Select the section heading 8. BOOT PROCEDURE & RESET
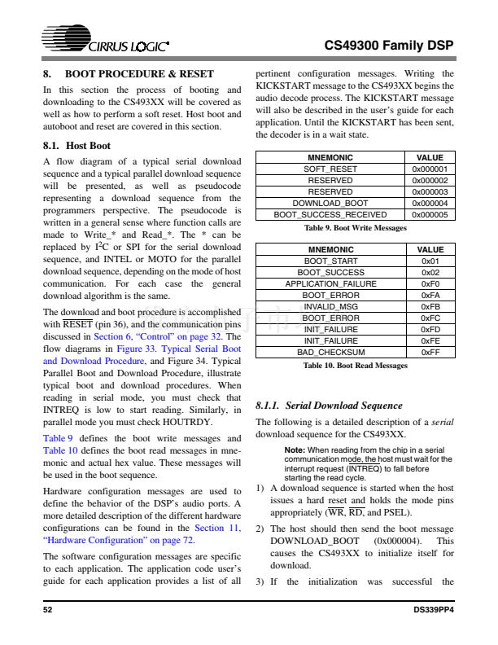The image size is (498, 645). coord(128,73)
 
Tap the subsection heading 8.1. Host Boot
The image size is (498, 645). coord(76,146)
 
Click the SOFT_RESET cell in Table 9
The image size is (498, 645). coord(330,169)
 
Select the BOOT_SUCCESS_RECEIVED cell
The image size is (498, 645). coord(330,214)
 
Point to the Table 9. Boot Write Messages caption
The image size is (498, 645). coord(356,228)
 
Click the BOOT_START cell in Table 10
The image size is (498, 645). coord(330,261)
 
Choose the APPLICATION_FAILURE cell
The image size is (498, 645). coord(330,283)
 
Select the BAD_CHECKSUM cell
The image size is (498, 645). coord(330,353)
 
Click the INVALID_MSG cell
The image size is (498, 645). coord(330,306)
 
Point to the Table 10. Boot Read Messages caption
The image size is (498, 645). coord(356,366)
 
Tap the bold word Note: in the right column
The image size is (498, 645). coord(295,450)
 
